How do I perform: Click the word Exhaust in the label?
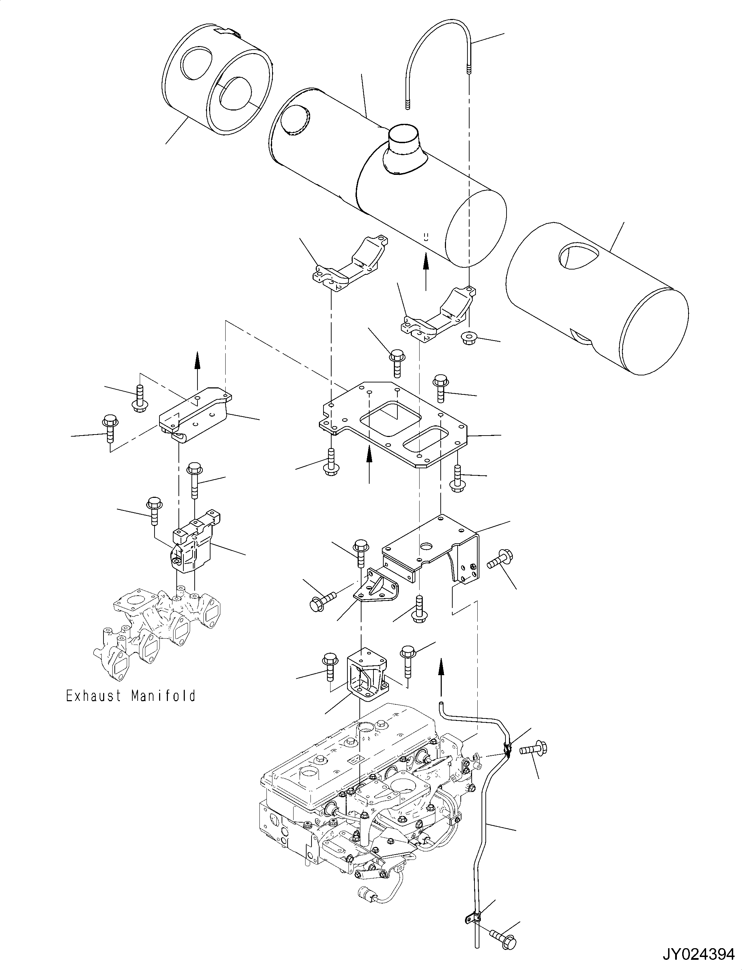pos(93,696)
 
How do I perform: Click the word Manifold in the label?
pos(163,696)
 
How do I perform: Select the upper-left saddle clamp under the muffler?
pos(349,265)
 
